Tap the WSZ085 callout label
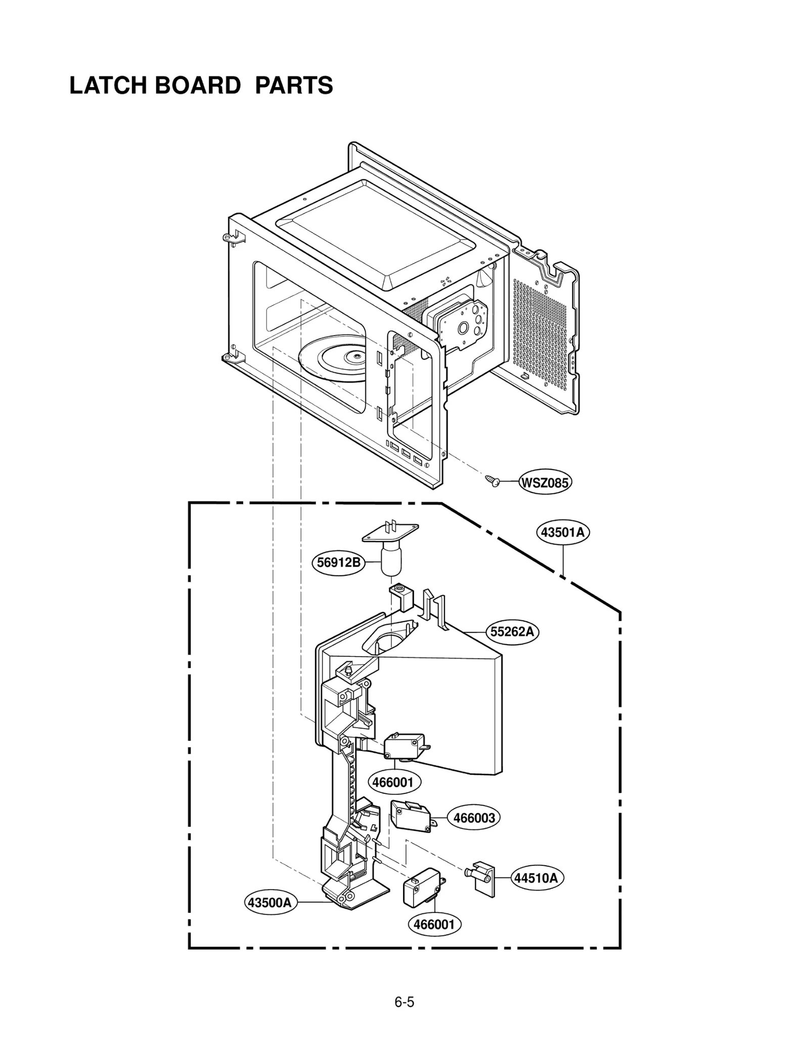point(545,483)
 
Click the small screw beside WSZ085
point(491,480)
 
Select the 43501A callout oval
point(562,532)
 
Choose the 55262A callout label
point(512,632)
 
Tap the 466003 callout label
point(473,818)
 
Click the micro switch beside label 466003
point(410,817)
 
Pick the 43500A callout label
point(270,902)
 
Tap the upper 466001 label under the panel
point(393,783)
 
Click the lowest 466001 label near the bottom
point(434,925)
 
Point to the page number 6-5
point(404,1002)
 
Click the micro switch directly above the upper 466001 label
point(404,747)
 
